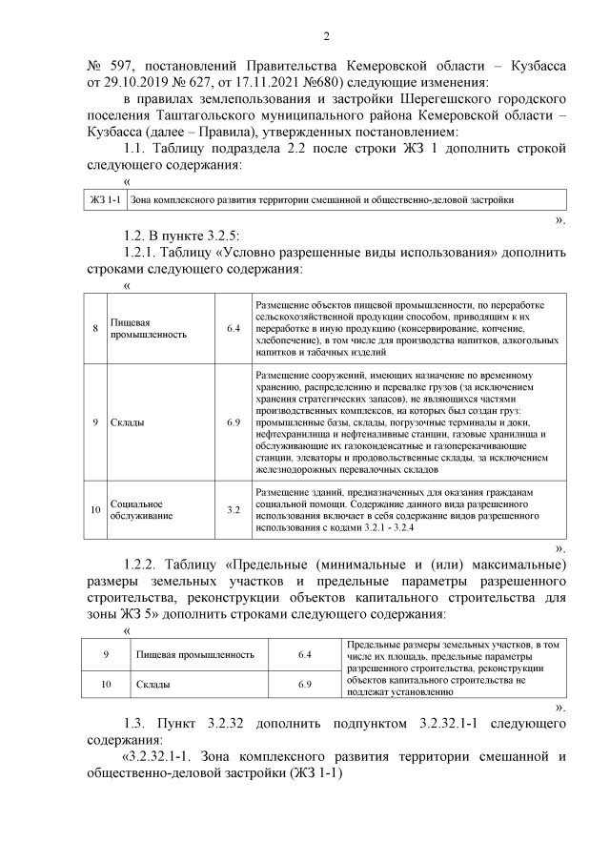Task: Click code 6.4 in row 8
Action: tap(234, 329)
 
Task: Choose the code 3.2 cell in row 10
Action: tap(234, 510)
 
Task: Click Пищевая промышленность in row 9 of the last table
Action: tap(195, 655)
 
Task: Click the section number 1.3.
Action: tap(137, 723)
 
